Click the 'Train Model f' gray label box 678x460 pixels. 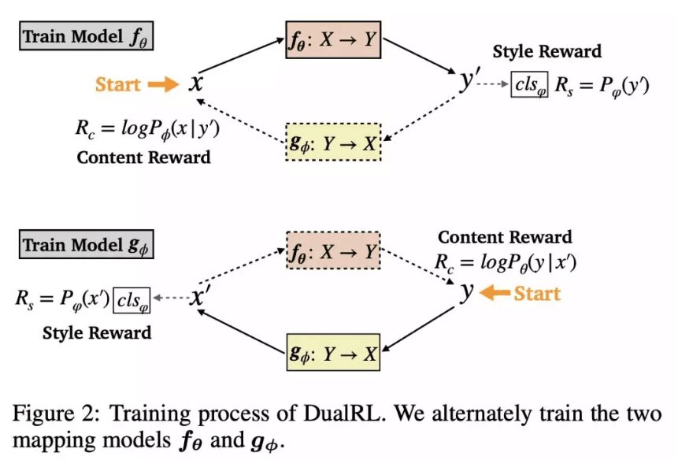(87, 37)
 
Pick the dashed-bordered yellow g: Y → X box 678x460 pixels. (332, 143)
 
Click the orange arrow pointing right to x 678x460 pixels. (164, 84)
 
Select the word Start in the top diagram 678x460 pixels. (118, 84)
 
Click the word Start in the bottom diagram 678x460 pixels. (537, 294)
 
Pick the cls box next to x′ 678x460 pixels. (132, 299)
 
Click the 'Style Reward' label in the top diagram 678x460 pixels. (546, 52)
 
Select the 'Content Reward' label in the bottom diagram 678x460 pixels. (505, 237)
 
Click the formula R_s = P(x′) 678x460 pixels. (63, 299)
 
